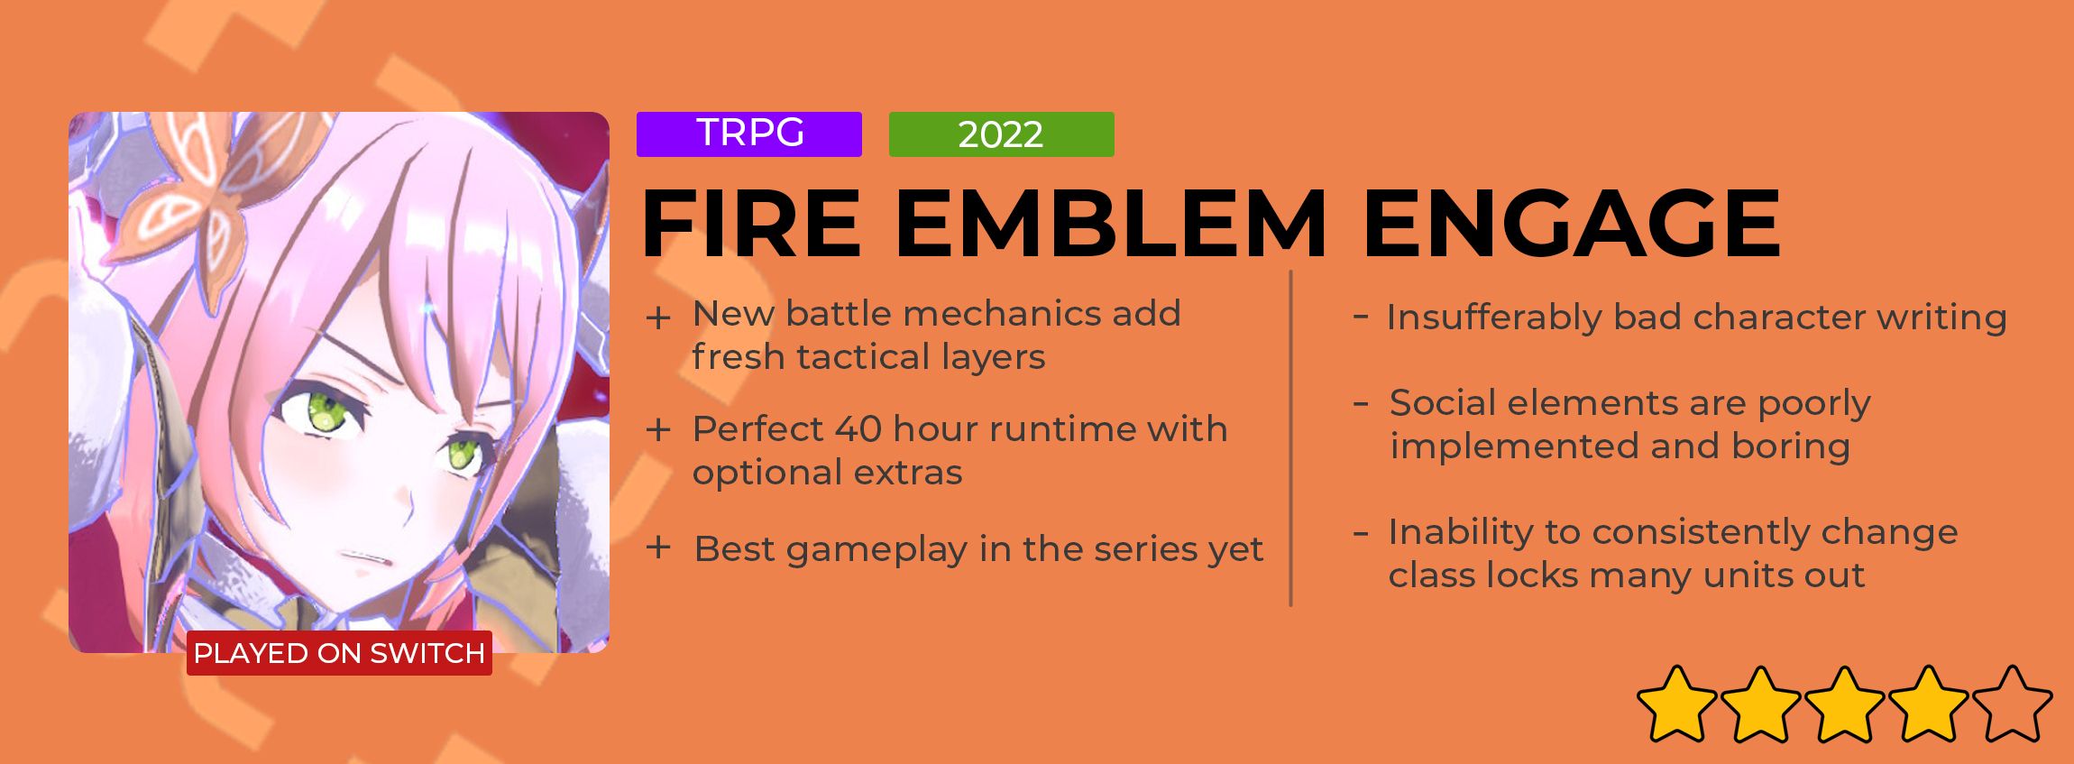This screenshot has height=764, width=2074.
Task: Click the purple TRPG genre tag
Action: click(x=748, y=134)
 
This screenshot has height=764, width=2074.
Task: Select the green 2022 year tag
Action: click(x=1001, y=134)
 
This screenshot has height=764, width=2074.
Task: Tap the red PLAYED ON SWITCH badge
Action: click(x=339, y=653)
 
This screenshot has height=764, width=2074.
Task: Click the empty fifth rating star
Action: click(x=2012, y=704)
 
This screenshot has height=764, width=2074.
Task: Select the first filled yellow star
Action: click(x=1677, y=704)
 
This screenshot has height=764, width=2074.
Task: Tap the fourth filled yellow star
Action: click(x=1928, y=704)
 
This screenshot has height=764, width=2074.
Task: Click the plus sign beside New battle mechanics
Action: click(x=658, y=318)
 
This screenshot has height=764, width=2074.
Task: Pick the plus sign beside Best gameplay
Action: click(x=658, y=548)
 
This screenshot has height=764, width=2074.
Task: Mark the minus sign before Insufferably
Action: click(x=1362, y=317)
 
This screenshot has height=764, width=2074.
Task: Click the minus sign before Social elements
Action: click(x=1362, y=403)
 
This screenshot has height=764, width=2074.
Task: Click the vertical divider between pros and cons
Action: click(x=1291, y=438)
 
